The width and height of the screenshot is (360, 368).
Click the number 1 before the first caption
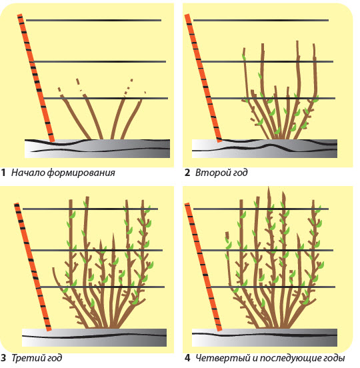(x=3, y=173)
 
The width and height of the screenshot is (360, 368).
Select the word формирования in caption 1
(x=81, y=173)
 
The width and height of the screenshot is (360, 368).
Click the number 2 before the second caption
(x=187, y=173)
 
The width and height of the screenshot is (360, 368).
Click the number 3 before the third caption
(x=3, y=358)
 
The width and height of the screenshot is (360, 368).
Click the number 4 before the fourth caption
(x=187, y=358)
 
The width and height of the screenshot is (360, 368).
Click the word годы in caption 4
(x=334, y=359)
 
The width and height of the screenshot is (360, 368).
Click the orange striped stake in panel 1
(x=36, y=78)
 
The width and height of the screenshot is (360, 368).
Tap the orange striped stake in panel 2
(x=203, y=78)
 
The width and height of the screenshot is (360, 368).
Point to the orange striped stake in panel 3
(x=33, y=267)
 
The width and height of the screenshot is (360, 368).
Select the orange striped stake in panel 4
(x=203, y=267)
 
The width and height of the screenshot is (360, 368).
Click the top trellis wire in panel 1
(x=93, y=21)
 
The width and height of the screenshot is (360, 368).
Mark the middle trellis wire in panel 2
(x=267, y=61)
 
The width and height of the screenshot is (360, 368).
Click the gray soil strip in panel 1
(x=97, y=148)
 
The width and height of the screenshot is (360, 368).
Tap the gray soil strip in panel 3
(x=95, y=337)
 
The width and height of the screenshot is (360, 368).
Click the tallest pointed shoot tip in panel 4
(x=269, y=187)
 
